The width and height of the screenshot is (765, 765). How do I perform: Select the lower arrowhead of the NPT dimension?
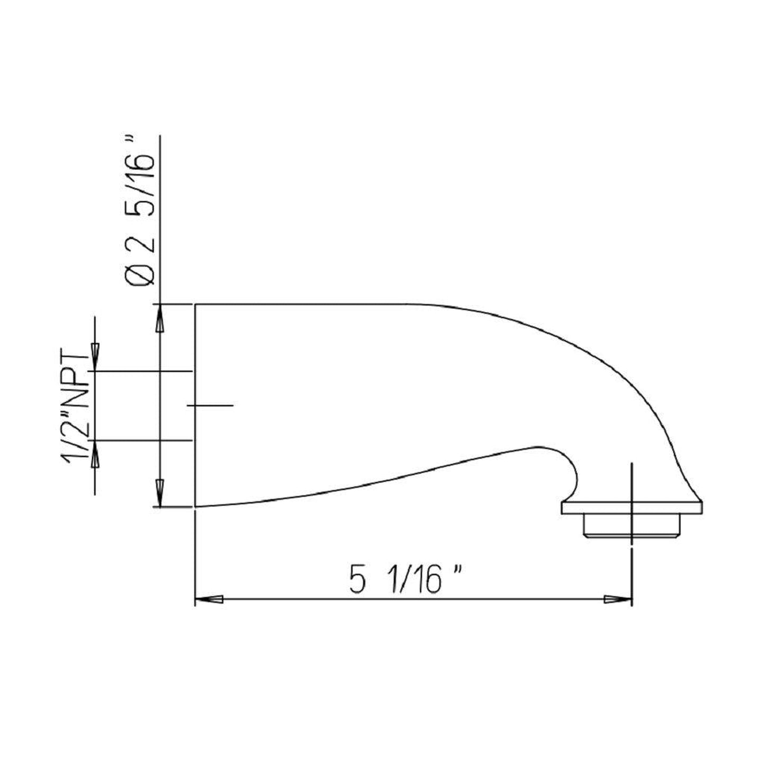(95, 454)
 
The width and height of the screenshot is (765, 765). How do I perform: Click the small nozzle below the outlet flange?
(630, 526)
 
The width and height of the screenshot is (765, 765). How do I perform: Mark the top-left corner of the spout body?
(196, 305)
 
